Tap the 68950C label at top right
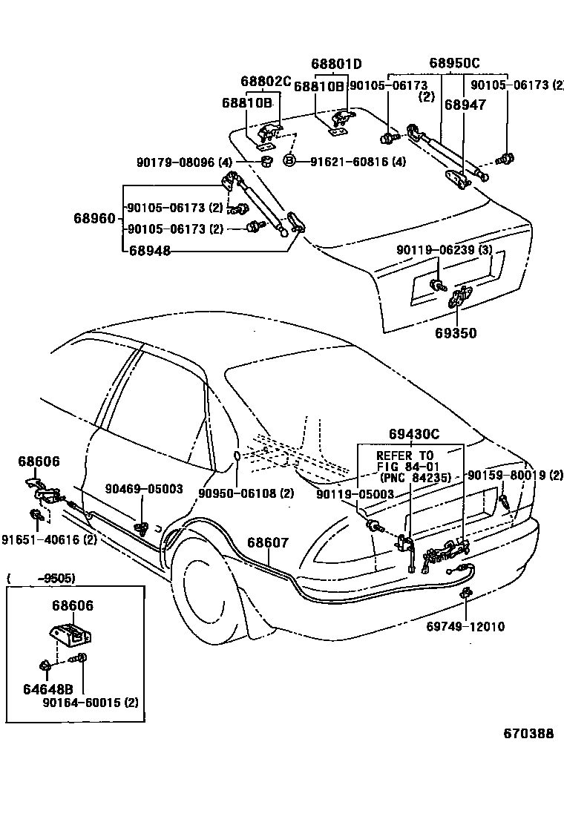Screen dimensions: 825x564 454,63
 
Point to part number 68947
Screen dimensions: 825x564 465,105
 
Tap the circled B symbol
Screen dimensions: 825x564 290,161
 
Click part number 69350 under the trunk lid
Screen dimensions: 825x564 456,334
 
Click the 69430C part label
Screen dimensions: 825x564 414,433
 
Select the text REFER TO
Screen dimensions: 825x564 404,456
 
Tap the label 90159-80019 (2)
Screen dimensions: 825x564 514,475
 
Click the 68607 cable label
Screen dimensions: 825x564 268,543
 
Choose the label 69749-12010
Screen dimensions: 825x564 465,627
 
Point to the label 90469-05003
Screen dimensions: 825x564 144,488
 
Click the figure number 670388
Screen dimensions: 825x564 528,734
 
